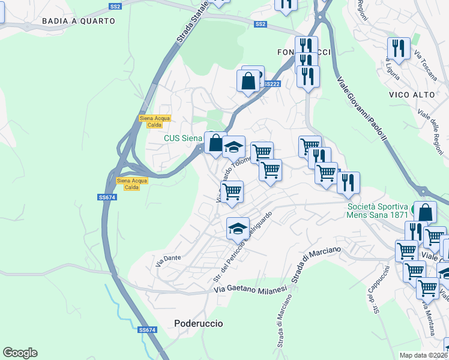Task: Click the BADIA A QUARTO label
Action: coord(79,21)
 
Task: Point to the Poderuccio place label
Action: coord(199,323)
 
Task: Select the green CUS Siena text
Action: coord(183,139)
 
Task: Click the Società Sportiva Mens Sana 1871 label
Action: coord(378,210)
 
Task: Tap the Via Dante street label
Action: coord(168,259)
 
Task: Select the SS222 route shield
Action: coord(272,84)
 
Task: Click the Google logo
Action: coord(20,353)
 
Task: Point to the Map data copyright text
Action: coord(424,355)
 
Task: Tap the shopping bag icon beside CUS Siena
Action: coord(215,143)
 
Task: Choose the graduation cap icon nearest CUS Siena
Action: coord(234,146)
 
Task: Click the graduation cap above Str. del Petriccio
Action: coord(238,228)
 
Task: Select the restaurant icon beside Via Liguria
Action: coord(398,48)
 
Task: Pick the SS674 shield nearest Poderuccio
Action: coord(147,330)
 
